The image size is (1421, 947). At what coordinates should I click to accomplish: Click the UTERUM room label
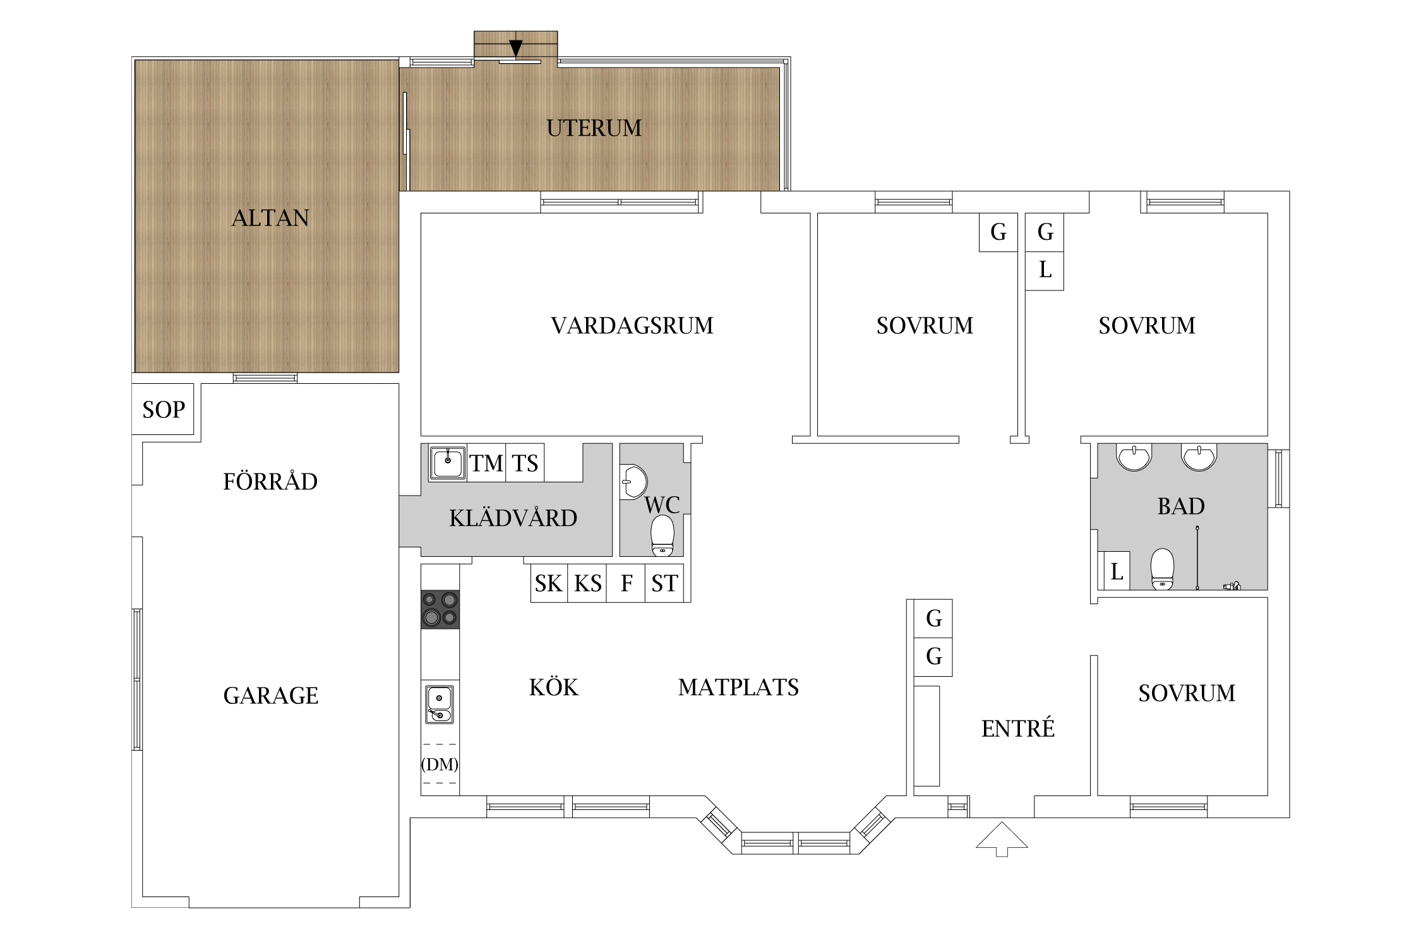(594, 128)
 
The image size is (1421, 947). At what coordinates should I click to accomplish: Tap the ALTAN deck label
(270, 218)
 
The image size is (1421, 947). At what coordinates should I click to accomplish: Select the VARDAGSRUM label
(632, 326)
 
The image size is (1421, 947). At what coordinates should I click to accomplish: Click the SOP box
(163, 409)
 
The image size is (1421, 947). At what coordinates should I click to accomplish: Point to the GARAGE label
(271, 696)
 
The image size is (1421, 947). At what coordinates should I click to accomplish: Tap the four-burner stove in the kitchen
(440, 609)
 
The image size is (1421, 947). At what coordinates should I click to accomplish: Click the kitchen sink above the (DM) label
(440, 704)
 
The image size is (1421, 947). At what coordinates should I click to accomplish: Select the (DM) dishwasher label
(440, 765)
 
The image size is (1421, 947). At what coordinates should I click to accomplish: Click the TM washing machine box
(486, 463)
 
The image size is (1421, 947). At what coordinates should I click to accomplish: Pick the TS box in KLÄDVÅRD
(525, 463)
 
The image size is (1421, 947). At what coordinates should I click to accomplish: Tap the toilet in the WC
(662, 535)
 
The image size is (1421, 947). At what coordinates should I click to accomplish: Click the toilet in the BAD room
(1162, 569)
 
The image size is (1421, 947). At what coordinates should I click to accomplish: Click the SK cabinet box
(549, 583)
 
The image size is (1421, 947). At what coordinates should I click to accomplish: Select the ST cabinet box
(664, 583)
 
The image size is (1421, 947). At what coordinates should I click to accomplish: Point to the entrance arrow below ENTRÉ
(1002, 839)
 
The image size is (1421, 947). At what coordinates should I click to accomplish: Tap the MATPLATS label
(738, 687)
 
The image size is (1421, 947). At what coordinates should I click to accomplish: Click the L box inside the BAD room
(1116, 571)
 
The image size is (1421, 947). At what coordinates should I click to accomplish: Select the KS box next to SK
(587, 583)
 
